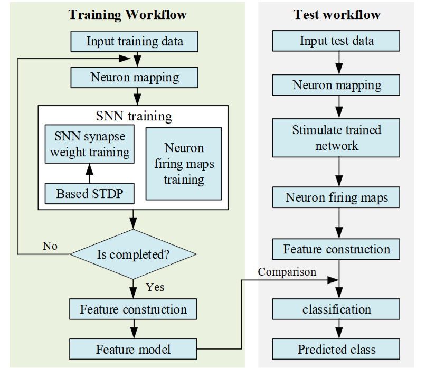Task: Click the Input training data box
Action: pos(135,41)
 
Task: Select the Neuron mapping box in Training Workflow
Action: pos(135,77)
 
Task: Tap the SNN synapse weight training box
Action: pos(89,145)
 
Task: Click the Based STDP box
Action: pos(89,194)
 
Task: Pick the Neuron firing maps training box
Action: pos(184,163)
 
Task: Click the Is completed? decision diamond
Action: pos(133,254)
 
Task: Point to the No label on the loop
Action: pos(51,246)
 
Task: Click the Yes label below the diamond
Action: pos(154,287)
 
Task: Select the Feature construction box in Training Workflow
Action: pos(133,309)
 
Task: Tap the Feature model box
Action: pos(133,349)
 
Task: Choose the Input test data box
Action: pos(337,41)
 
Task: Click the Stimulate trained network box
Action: pos(337,137)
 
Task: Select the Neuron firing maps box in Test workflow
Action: pos(337,198)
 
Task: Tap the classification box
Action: pos(337,309)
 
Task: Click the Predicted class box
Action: pos(337,349)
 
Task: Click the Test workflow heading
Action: pos(337,14)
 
